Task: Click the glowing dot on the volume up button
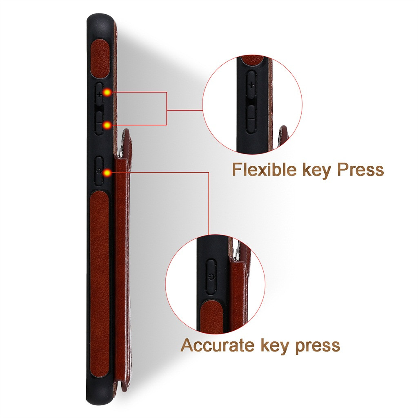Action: [107, 93]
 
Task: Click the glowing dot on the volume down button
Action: [107, 125]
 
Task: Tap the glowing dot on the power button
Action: [107, 173]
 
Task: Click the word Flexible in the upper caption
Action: [264, 169]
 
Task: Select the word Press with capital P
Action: [360, 169]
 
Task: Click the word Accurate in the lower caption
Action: [217, 345]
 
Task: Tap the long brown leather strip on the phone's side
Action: [100, 284]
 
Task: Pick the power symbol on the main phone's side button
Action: [99, 171]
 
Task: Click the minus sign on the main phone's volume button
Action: [99, 123]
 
